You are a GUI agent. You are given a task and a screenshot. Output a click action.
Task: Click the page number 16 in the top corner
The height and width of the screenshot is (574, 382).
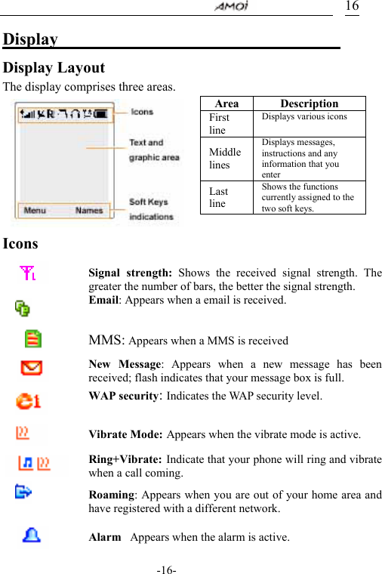[x=352, y=7]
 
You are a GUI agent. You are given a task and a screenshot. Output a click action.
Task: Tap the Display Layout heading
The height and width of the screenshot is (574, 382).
[x=54, y=68]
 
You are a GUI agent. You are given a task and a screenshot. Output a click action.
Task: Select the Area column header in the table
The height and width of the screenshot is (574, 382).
[x=226, y=103]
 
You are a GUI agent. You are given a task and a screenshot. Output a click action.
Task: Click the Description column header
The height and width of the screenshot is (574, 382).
[x=309, y=103]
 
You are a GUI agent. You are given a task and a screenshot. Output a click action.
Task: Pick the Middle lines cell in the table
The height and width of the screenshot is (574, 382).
[x=226, y=159]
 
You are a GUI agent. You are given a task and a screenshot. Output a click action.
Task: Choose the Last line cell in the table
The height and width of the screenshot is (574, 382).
[x=218, y=197]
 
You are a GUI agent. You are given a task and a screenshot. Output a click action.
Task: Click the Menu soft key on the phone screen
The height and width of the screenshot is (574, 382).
[x=35, y=211]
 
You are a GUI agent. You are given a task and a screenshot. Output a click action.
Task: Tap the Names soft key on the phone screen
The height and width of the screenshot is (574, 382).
[x=89, y=211]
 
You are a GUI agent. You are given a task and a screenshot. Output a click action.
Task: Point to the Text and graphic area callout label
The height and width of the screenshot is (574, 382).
[x=154, y=150]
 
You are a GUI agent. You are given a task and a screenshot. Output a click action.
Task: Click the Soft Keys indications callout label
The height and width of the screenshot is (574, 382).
[x=151, y=209]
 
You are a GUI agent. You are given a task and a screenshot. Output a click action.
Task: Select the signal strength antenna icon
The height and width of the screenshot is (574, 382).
[x=29, y=273]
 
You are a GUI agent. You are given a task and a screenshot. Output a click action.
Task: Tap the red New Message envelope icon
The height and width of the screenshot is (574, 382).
[x=32, y=369]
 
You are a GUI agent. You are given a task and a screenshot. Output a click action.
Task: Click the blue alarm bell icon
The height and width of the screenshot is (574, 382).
[x=32, y=535]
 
